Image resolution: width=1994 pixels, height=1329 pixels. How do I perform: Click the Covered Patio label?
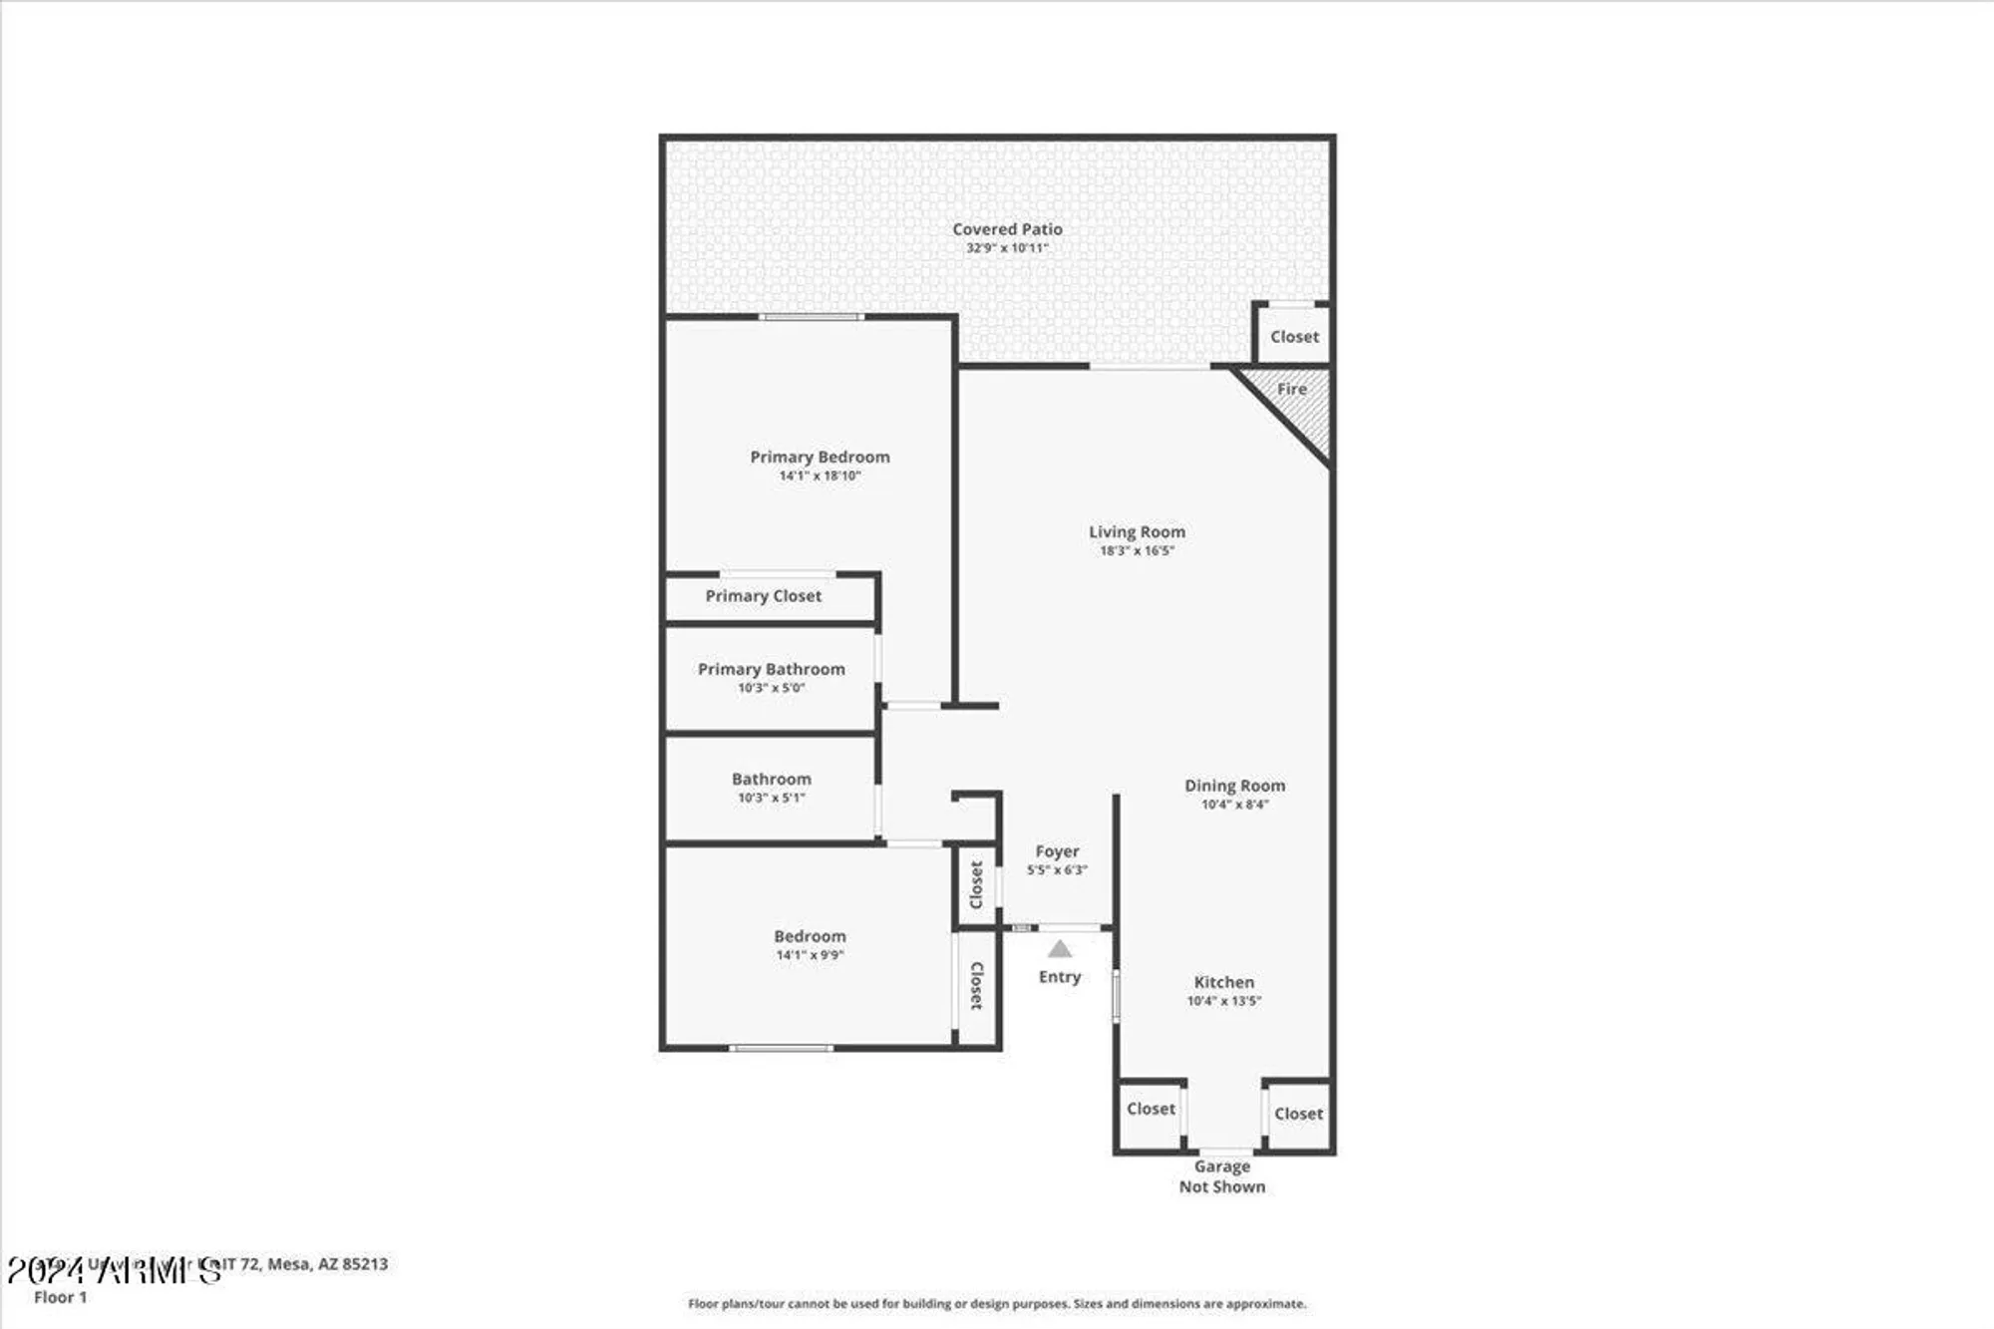click(x=1007, y=229)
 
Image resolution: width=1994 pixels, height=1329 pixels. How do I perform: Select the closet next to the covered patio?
click(x=1293, y=337)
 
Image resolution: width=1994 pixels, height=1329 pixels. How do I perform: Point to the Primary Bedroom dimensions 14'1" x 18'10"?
click(x=820, y=477)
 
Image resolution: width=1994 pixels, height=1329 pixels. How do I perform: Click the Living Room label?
click(x=1137, y=532)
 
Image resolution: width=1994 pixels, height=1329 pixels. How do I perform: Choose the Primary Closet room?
click(x=764, y=596)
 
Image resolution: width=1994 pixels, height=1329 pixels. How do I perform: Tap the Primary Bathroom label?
click(x=771, y=669)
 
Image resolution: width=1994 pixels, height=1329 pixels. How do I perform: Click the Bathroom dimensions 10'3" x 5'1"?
click(x=771, y=798)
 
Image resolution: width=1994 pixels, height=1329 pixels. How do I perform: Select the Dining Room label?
click(x=1234, y=786)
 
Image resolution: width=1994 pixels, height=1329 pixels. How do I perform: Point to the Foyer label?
click(x=1057, y=851)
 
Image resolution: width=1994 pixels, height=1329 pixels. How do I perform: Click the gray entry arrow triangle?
click(x=1060, y=950)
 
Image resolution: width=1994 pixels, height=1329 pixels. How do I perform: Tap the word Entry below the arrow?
click(x=1060, y=977)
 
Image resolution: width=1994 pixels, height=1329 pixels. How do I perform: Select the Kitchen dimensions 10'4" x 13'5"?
click(x=1223, y=1001)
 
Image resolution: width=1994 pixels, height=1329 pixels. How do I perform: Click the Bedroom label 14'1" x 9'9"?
click(x=810, y=944)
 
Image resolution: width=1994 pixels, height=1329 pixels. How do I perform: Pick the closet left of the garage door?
click(x=1151, y=1110)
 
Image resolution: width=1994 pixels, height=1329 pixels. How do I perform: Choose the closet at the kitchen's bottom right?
click(x=1298, y=1115)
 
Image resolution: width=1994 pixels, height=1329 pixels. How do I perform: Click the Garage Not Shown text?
click(x=1222, y=1176)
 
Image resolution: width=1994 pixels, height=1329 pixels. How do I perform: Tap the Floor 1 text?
click(x=61, y=1297)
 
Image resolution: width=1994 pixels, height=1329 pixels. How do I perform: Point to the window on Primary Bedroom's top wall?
click(x=811, y=317)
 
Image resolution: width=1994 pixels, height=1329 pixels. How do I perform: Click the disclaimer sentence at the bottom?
click(x=997, y=1303)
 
